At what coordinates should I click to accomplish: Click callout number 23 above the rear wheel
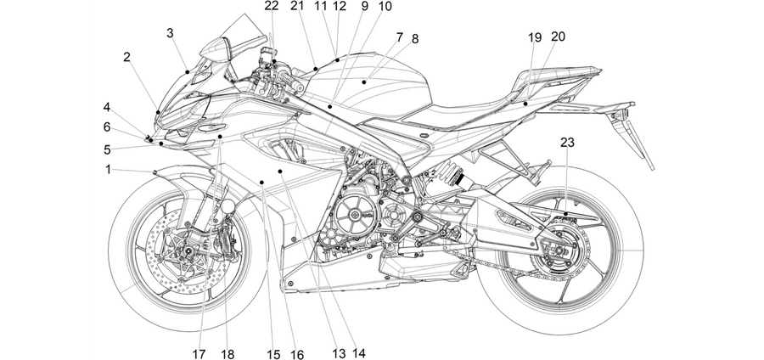tap(567, 143)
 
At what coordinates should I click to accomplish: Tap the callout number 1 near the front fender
tap(108, 170)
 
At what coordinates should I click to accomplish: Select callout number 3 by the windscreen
tap(170, 33)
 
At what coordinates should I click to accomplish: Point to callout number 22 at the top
tap(272, 6)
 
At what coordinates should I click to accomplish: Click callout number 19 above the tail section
tap(535, 37)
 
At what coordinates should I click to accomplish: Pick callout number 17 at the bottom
tap(199, 354)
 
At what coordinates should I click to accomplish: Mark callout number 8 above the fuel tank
tap(414, 39)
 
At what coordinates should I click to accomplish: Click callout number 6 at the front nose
tap(107, 127)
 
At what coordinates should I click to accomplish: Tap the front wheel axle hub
tap(187, 250)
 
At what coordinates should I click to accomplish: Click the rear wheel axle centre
tap(559, 250)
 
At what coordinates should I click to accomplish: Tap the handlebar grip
tap(291, 82)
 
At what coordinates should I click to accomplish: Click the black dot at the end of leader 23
tap(565, 214)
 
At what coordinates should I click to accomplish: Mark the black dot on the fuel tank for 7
tap(364, 82)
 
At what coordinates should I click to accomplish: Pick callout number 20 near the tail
tap(558, 37)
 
